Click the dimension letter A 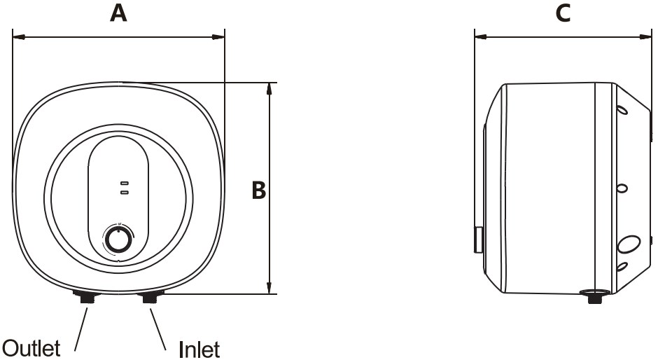coord(118,13)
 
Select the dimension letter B coord(259,190)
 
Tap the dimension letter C coord(562,13)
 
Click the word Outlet coord(32,348)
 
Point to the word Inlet coord(199,348)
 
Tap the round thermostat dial coord(118,240)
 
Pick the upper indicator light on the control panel coord(124,183)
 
